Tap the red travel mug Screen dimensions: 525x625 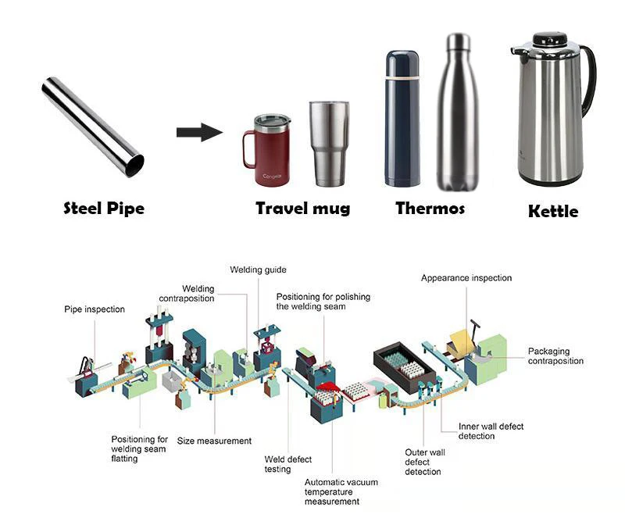pyautogui.click(x=270, y=152)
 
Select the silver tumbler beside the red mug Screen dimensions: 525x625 pyautogui.click(x=327, y=144)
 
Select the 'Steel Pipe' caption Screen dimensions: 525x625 pyautogui.click(x=103, y=209)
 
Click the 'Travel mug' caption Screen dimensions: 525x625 pyautogui.click(x=302, y=209)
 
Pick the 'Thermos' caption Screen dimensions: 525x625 pyautogui.click(x=430, y=209)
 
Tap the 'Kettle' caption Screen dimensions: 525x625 pyautogui.click(x=553, y=211)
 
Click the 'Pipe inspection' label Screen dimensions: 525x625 pyautogui.click(x=94, y=309)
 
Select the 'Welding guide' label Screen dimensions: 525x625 pyautogui.click(x=258, y=270)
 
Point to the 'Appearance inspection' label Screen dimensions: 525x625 pyautogui.click(x=466, y=278)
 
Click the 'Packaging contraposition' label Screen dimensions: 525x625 pyautogui.click(x=555, y=356)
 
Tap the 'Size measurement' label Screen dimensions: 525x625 pyautogui.click(x=214, y=441)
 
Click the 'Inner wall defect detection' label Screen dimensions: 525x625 pyautogui.click(x=491, y=431)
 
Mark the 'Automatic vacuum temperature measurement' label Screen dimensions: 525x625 pyautogui.click(x=341, y=492)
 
